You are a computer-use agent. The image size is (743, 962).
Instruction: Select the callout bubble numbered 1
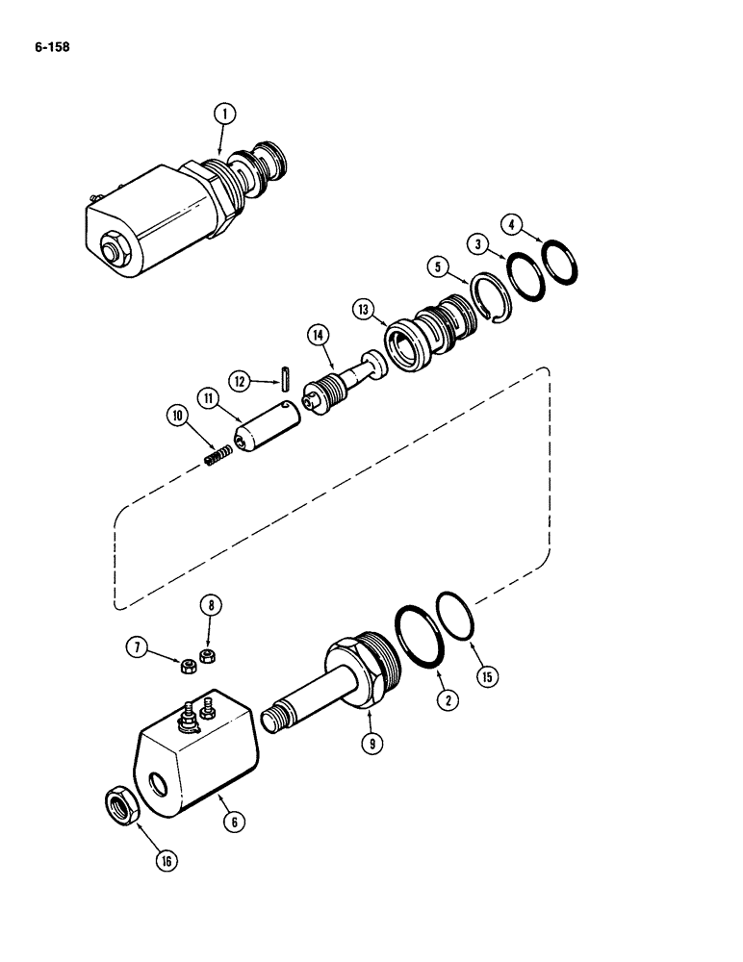[222, 114]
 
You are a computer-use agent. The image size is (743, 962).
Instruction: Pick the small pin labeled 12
[288, 375]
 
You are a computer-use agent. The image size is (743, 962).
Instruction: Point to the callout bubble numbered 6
[232, 823]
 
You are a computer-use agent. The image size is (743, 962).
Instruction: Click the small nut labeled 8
[205, 656]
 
